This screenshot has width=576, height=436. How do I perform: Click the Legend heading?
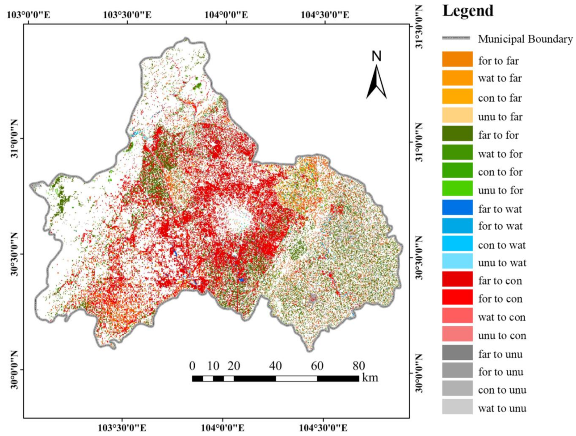tap(467, 11)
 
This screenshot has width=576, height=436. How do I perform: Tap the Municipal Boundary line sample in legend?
tap(456, 38)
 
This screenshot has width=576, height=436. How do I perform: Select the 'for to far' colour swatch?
tap(457, 59)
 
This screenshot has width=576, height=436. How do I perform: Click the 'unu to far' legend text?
tap(500, 116)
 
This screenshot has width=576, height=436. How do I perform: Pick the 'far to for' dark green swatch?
tap(457, 134)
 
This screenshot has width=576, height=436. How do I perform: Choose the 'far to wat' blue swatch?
tap(457, 208)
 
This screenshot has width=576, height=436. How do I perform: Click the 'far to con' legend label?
tap(500, 281)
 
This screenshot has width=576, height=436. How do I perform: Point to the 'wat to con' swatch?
tap(457, 316)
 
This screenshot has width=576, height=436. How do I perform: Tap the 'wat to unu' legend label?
tap(502, 408)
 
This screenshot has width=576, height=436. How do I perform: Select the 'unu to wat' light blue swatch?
tap(457, 261)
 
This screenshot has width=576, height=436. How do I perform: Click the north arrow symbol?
tap(376, 82)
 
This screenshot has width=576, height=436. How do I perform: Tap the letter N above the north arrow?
tap(377, 56)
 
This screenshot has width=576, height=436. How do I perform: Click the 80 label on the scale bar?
tap(359, 366)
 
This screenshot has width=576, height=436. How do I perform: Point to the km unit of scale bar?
tap(370, 377)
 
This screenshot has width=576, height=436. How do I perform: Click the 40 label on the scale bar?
tap(275, 366)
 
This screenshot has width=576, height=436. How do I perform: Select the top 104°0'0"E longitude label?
tap(226, 15)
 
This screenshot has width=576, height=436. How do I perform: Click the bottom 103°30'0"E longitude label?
tap(122, 428)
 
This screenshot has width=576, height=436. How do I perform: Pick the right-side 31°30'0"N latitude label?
tap(419, 26)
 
